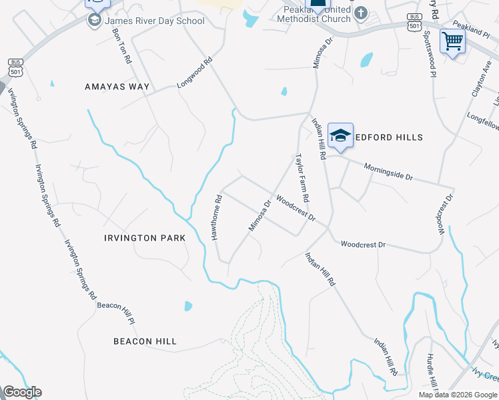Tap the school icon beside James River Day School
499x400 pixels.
pyautogui.click(x=93, y=21)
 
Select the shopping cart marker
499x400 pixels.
pyautogui.click(x=452, y=41)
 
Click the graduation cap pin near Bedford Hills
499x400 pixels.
pyautogui.click(x=340, y=135)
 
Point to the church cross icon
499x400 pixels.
pyautogui.click(x=360, y=13)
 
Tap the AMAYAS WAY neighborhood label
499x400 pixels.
pyautogui.click(x=118, y=87)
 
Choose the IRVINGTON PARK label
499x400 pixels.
pyautogui.click(x=140, y=238)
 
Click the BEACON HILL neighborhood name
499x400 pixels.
pyautogui.click(x=145, y=341)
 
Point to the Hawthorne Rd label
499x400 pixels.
pyautogui.click(x=216, y=218)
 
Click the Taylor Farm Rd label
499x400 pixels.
pyautogui.click(x=302, y=178)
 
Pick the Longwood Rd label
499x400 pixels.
pyautogui.click(x=194, y=73)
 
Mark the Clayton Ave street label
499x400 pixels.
pyautogui.click(x=481, y=83)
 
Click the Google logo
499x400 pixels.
pyautogui.click(x=22, y=392)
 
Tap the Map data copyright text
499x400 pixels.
pyautogui.click(x=458, y=395)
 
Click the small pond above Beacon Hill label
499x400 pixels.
pyautogui.click(x=188, y=307)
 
